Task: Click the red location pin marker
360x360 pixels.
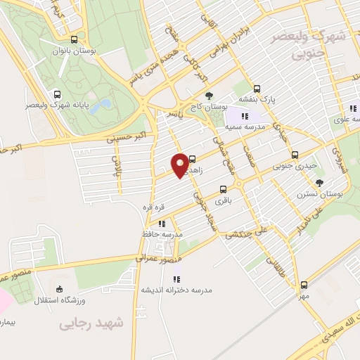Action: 180,165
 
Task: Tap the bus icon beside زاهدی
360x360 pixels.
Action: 193,160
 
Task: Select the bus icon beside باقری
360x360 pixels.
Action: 223,189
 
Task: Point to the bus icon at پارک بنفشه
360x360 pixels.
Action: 257,89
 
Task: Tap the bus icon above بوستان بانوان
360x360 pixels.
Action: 75,39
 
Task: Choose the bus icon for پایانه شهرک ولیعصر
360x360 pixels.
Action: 57,94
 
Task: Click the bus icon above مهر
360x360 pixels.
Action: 304,285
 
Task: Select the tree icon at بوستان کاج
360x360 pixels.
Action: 207,95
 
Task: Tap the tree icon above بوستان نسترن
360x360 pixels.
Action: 320,183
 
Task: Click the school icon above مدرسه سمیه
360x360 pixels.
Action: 244,116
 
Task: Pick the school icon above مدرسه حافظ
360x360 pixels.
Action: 162,225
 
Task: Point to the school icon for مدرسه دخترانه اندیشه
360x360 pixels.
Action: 176,279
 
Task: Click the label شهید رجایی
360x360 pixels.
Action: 91,324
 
